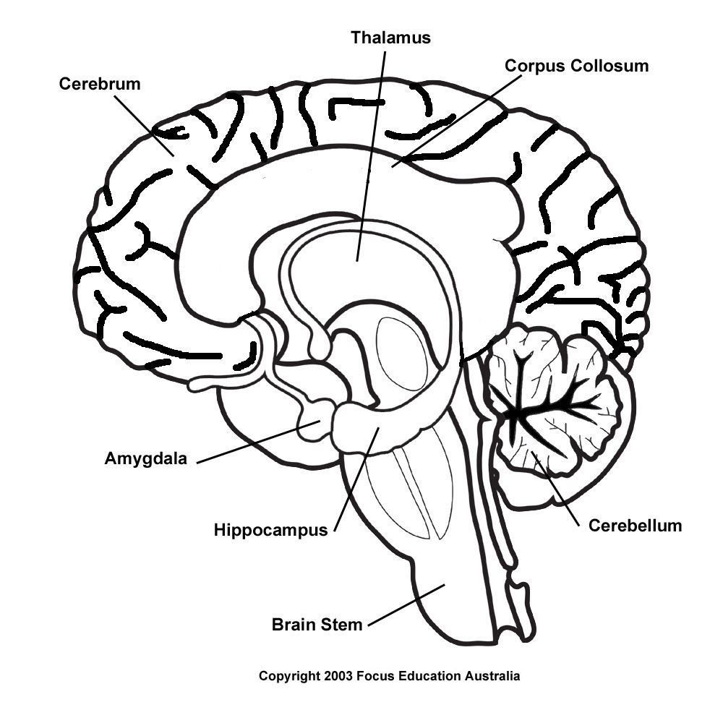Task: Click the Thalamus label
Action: tap(390, 38)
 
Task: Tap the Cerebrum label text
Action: tap(100, 84)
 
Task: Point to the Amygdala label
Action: tap(145, 458)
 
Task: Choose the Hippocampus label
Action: tap(270, 530)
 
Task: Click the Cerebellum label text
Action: tap(635, 526)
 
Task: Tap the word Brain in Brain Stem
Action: tap(291, 624)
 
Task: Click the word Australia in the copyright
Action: tap(492, 677)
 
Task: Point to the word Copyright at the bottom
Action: tap(289, 677)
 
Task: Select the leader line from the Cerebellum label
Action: tap(557, 489)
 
